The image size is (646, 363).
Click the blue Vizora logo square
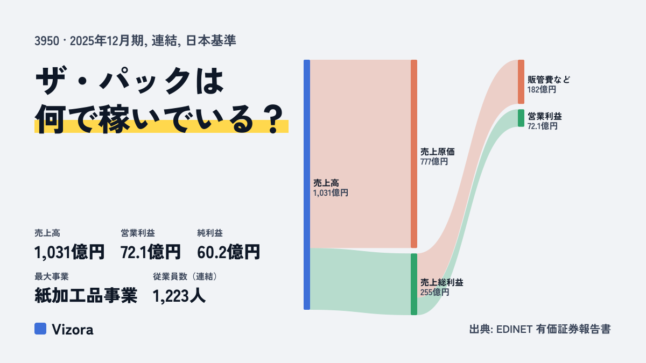[40, 329]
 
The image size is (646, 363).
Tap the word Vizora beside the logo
[72, 330]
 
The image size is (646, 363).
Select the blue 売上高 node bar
[307, 184]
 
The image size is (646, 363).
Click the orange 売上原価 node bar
[414, 154]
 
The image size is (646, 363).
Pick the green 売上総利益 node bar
[414, 284]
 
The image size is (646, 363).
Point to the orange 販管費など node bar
[521, 82]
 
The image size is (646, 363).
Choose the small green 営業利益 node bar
[521, 118]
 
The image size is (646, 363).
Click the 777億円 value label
[434, 162]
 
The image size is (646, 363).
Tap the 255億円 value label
[434, 293]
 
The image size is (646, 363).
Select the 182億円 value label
[542, 90]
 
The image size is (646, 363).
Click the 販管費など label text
[549, 80]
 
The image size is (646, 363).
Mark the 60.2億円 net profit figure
[228, 252]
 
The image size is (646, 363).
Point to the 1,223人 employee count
[179, 296]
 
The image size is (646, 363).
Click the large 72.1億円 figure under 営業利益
[151, 252]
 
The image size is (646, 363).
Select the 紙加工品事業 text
[86, 296]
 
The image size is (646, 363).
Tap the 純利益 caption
[210, 233]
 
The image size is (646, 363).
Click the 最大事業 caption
[52, 276]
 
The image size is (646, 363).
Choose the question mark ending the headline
[274, 119]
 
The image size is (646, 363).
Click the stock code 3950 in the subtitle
[47, 41]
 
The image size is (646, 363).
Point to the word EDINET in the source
[514, 329]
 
